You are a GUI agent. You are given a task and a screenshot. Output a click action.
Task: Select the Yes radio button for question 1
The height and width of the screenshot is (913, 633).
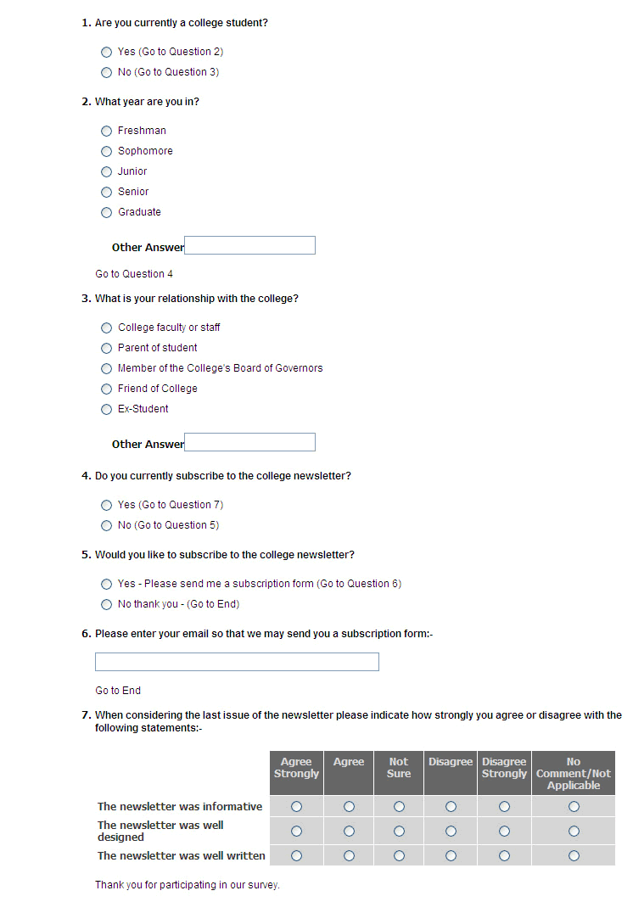pos(106,52)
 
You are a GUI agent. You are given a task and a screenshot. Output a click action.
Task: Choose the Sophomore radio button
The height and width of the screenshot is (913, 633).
pos(106,151)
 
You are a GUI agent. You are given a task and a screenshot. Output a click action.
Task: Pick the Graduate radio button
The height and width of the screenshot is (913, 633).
pos(106,212)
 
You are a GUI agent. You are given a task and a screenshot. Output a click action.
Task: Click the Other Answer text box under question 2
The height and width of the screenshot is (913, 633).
pos(249,245)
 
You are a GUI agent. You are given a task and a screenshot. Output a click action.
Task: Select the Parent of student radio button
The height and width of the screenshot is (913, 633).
pos(106,348)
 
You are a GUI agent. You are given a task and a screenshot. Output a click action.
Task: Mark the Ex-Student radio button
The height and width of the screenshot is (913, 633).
pos(106,409)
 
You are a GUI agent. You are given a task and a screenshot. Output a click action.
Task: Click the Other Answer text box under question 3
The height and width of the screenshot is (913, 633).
pos(249,442)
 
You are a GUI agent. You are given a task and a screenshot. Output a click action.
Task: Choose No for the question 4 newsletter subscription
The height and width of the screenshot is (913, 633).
pos(106,525)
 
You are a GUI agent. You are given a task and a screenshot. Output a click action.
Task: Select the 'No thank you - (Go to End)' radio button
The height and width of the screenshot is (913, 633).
pos(106,604)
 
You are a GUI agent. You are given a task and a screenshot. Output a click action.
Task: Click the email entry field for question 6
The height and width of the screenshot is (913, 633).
pos(237,662)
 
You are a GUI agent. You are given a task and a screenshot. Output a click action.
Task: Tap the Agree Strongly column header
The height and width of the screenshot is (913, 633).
pos(296,768)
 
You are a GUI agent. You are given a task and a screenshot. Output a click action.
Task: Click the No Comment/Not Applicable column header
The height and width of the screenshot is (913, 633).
pos(574,773)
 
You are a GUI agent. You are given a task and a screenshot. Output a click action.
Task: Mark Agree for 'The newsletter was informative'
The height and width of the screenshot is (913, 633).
pos(349,806)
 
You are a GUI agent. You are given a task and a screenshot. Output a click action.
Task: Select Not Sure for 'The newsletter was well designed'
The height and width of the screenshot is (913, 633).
pos(399,831)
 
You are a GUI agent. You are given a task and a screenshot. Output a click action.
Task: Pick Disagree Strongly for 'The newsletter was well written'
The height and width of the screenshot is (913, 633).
pos(504,855)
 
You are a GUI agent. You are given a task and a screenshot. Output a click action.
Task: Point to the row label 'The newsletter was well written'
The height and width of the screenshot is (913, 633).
pos(182,855)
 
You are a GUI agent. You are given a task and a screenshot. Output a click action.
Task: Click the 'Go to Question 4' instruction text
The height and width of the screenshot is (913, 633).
pos(134,274)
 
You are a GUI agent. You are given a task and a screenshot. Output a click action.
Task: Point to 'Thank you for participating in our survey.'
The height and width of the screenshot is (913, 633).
pos(188,885)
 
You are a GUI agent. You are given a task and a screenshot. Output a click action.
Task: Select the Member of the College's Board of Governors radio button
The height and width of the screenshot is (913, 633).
pos(106,368)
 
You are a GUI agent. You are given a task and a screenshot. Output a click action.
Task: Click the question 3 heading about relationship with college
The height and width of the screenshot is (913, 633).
pos(196,299)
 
